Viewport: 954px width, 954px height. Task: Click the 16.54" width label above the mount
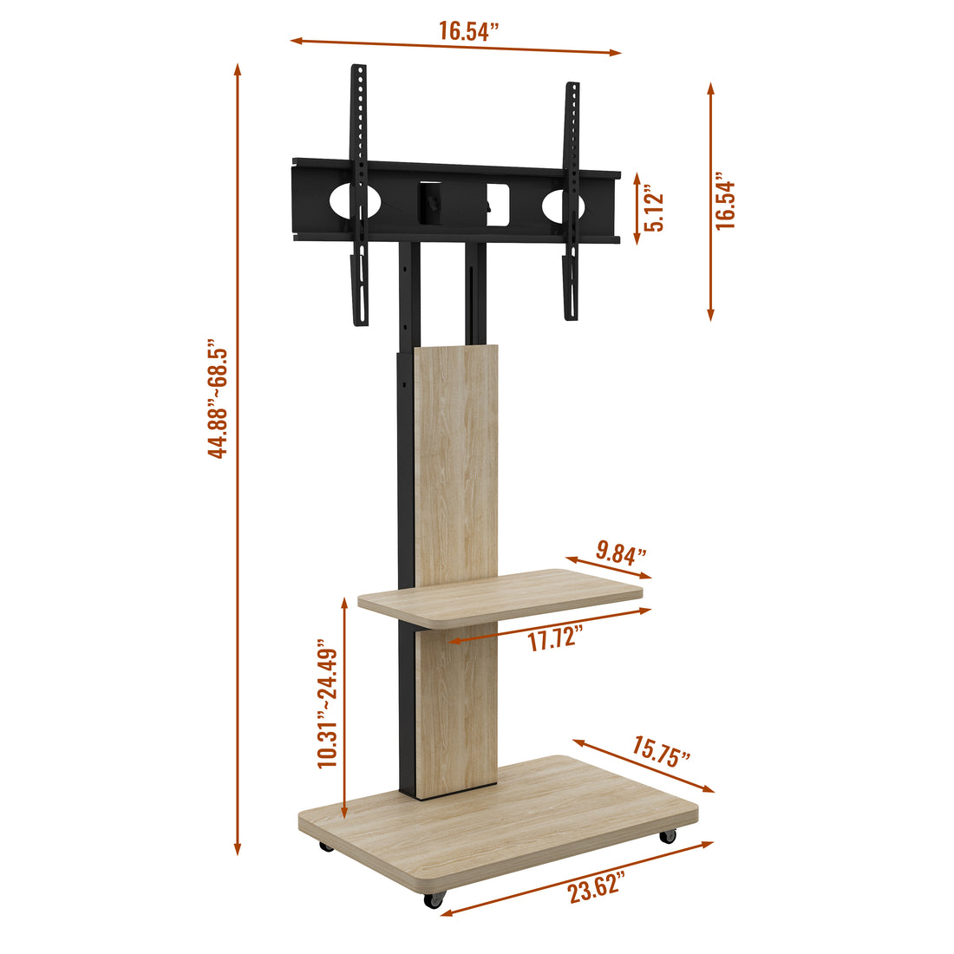(469, 32)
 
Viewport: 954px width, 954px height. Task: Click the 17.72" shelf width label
(554, 641)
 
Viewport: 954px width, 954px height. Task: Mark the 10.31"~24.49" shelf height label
(327, 704)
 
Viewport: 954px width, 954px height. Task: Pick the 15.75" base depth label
(661, 750)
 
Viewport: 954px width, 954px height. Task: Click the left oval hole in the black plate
(355, 201)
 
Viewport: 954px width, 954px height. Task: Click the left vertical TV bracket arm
(359, 195)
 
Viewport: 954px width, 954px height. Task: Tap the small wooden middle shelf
(500, 595)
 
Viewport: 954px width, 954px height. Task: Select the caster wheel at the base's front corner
(432, 900)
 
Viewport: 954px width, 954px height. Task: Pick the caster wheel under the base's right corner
(667, 836)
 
